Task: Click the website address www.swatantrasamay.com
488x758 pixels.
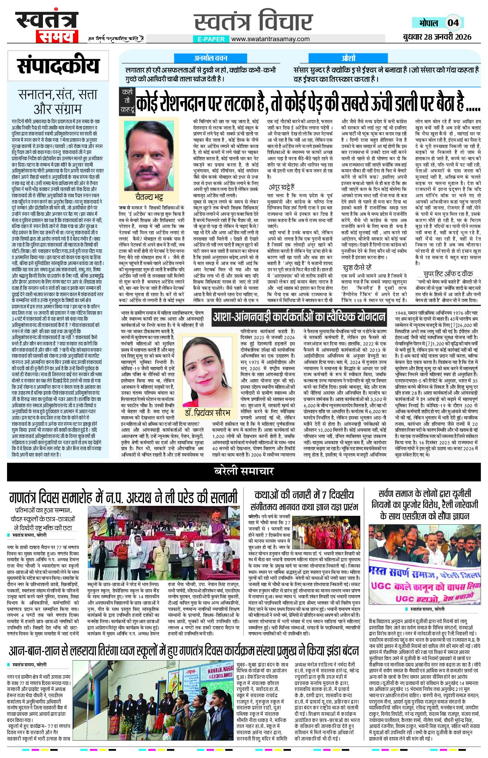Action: [x=271, y=39]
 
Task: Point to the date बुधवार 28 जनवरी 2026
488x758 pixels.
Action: [x=437, y=37]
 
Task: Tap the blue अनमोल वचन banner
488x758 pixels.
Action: [x=211, y=58]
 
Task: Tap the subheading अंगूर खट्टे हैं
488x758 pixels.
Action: [x=281, y=187]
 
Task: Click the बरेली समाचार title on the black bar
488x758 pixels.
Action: [x=244, y=471]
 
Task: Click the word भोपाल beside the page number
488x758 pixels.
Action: [x=428, y=23]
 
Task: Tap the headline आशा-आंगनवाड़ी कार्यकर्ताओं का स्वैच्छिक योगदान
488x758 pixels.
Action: [x=299, y=317]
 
